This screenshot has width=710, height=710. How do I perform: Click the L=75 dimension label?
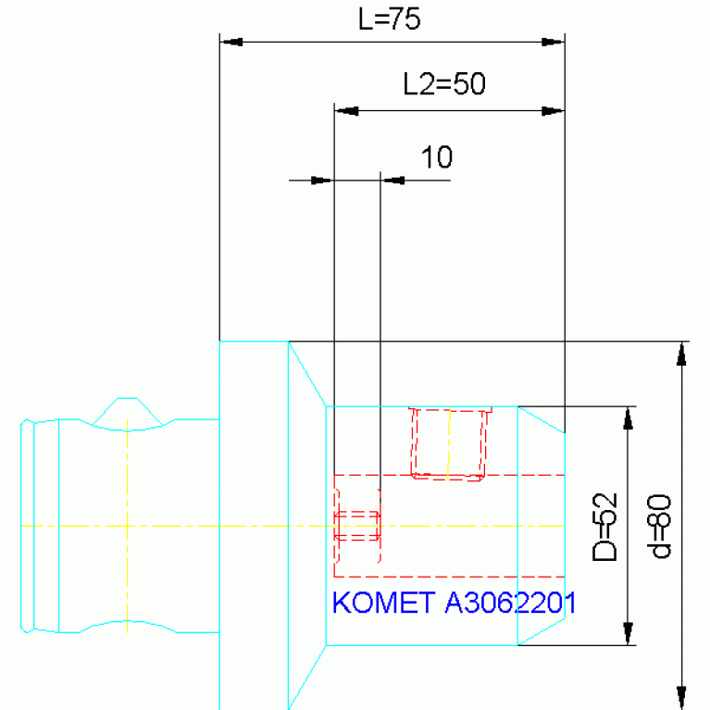(389, 19)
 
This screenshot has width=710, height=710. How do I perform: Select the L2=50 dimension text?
(444, 83)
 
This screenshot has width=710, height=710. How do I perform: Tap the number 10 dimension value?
(437, 157)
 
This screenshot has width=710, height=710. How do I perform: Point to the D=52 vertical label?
(605, 527)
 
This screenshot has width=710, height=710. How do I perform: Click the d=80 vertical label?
(659, 526)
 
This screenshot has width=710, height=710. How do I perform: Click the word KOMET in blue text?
(384, 603)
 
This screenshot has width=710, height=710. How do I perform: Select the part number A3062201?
(511, 603)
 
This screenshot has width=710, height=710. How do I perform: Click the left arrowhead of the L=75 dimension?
(231, 42)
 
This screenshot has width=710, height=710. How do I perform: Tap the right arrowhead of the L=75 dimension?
(553, 42)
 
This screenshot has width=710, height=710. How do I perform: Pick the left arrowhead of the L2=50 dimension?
(346, 111)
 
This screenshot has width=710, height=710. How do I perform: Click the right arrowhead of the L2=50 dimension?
(553, 111)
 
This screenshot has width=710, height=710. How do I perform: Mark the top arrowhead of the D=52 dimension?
(628, 418)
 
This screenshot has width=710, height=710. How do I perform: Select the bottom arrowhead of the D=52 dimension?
(628, 633)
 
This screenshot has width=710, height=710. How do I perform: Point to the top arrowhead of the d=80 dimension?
(681, 354)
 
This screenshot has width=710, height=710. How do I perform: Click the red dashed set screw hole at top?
(449, 443)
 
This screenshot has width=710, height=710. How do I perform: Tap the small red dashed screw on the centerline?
(357, 526)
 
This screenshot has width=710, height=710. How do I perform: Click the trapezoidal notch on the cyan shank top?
(128, 414)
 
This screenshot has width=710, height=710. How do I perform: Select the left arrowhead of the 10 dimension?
(322, 181)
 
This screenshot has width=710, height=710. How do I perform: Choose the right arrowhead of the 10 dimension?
(392, 181)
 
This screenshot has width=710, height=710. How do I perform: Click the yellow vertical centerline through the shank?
(127, 525)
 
